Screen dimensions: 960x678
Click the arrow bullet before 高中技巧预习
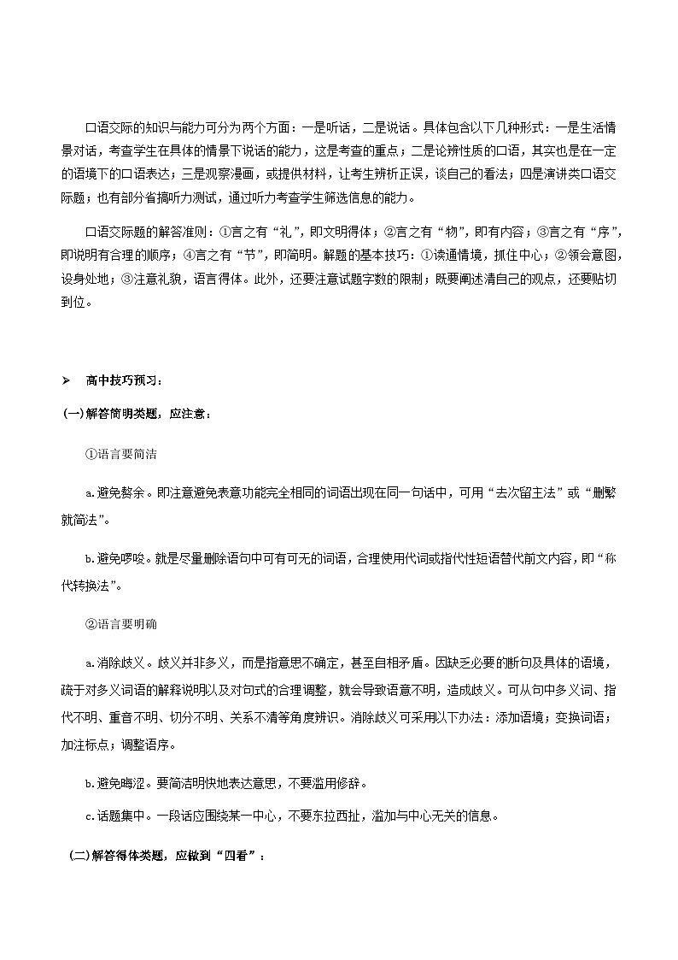click(66, 380)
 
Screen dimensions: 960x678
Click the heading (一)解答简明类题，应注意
click(136, 414)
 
